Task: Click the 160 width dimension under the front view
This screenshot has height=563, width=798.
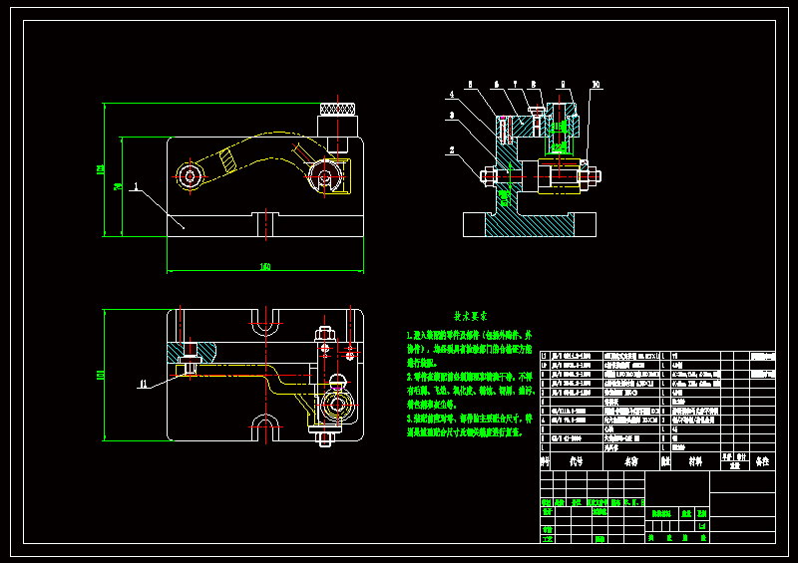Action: (x=265, y=266)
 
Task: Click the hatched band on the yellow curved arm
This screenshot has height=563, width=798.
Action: (x=231, y=155)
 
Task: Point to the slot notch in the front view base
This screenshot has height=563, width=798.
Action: (x=265, y=223)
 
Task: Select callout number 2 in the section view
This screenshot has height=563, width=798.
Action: (x=452, y=150)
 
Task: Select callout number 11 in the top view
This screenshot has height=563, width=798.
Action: (x=144, y=383)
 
